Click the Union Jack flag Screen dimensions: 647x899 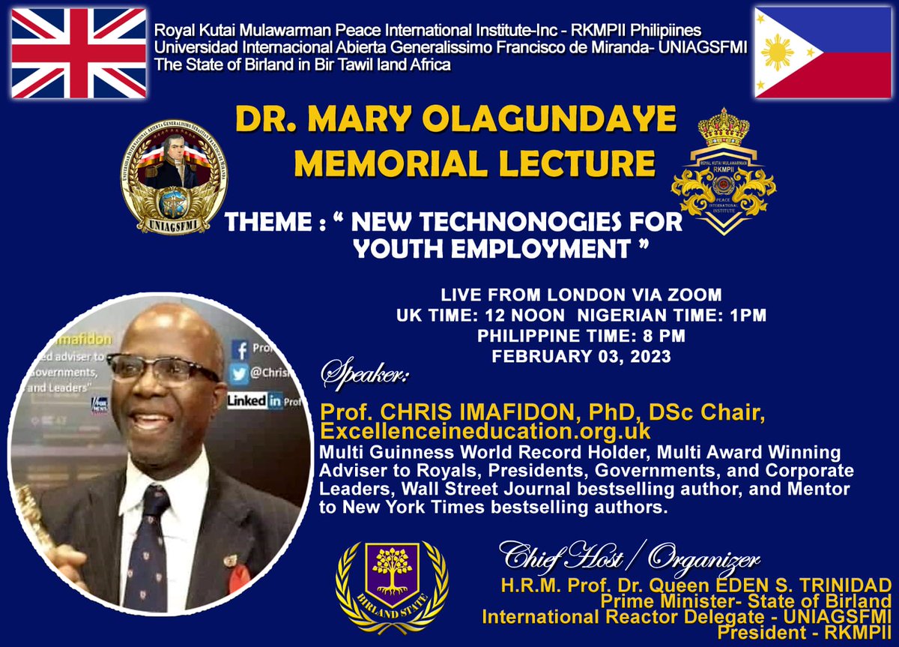tap(79, 53)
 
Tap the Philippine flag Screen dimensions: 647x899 tap(821, 53)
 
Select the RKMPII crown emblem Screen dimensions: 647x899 tap(723, 172)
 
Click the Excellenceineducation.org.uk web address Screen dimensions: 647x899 tap(485, 433)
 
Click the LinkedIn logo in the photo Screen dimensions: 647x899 tap(255, 400)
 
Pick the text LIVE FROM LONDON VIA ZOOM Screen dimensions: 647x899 tap(581, 295)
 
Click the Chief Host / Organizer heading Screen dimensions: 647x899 tap(629, 558)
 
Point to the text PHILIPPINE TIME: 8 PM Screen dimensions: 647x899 tap(581, 336)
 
